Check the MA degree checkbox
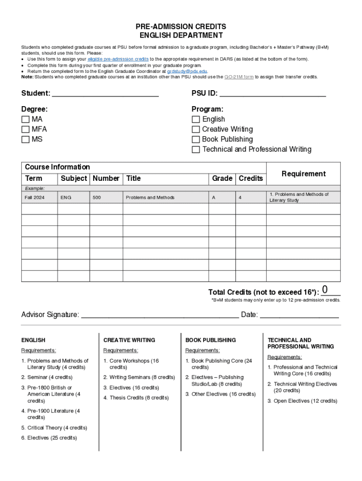click(25, 119)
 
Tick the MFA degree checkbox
click(25, 129)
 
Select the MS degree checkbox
click(25, 139)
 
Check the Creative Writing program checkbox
click(196, 129)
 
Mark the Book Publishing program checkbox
click(196, 140)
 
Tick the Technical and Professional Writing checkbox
click(196, 149)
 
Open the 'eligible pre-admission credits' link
click(118, 59)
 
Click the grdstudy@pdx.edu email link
click(187, 71)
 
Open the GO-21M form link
click(239, 77)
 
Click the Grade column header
click(222, 178)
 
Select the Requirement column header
click(303, 174)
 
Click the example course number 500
click(96, 198)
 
